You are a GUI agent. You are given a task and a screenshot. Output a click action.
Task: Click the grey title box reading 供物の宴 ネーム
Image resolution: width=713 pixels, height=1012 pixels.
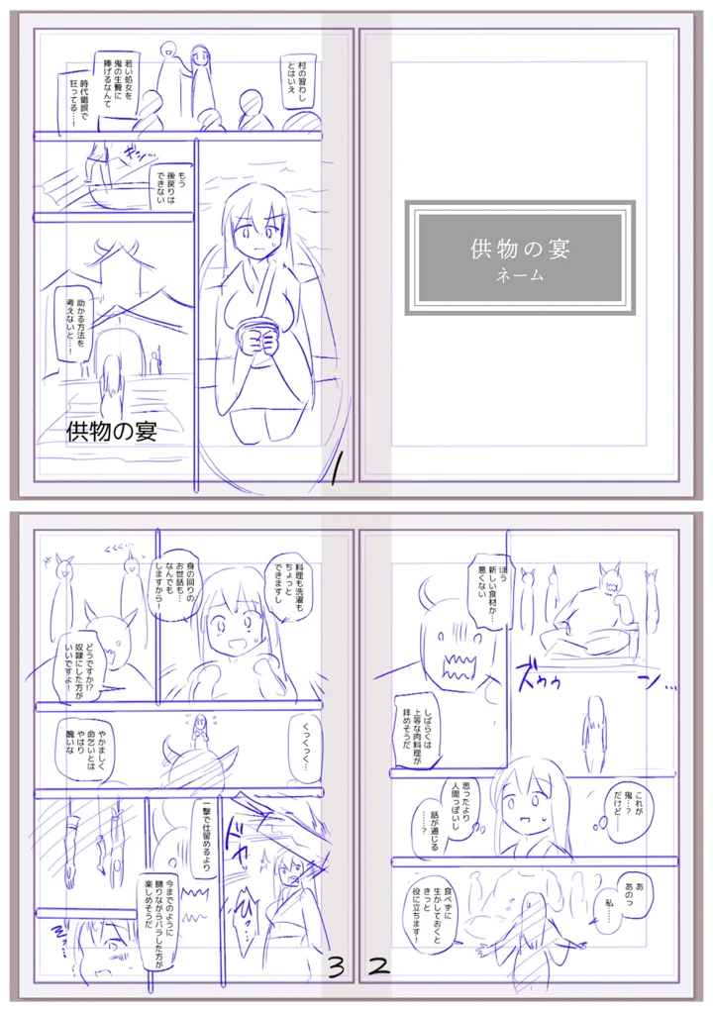pyautogui.click(x=520, y=257)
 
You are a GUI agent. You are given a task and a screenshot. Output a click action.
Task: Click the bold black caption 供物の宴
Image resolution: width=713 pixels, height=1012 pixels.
pyautogui.click(x=112, y=432)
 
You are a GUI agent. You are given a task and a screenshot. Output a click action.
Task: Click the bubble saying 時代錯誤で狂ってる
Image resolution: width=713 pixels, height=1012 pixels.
pyautogui.click(x=80, y=105)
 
